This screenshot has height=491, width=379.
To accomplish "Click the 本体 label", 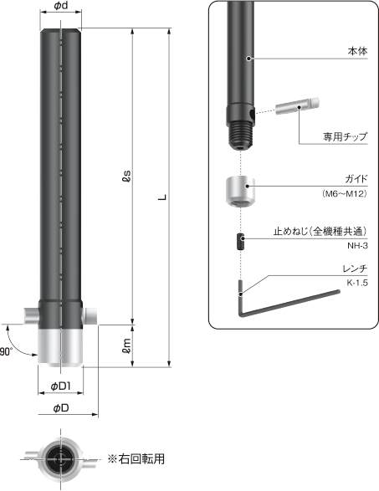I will [x=357, y=52].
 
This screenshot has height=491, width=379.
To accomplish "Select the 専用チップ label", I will [x=346, y=136].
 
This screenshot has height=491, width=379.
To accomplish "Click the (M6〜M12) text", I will [x=345, y=194].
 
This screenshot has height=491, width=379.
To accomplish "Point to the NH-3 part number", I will [x=357, y=246].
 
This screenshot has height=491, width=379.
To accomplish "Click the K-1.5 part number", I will [x=356, y=284].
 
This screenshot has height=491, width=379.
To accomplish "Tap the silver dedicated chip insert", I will [x=295, y=107].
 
